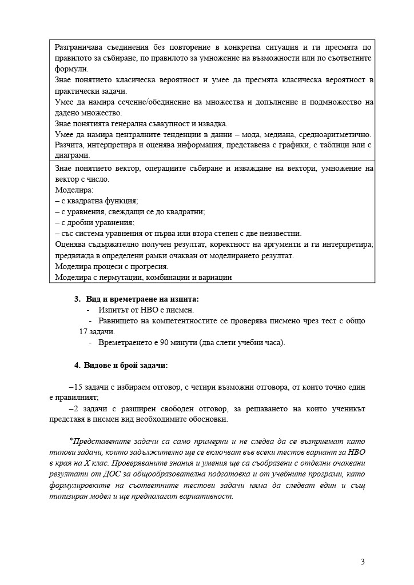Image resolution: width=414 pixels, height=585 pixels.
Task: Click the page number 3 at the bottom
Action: (x=363, y=562)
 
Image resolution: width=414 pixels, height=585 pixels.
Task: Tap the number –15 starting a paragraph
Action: (x=75, y=387)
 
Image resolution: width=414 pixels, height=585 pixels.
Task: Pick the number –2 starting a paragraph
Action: (x=73, y=409)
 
